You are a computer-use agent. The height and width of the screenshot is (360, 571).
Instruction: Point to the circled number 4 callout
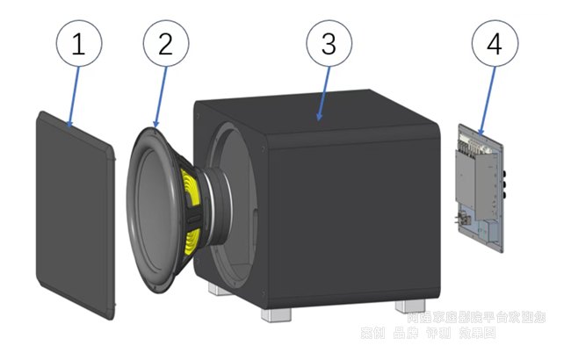click(495, 45)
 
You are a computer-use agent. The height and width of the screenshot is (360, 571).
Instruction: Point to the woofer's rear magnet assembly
click(214, 198)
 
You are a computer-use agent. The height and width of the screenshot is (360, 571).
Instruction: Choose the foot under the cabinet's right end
click(412, 306)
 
